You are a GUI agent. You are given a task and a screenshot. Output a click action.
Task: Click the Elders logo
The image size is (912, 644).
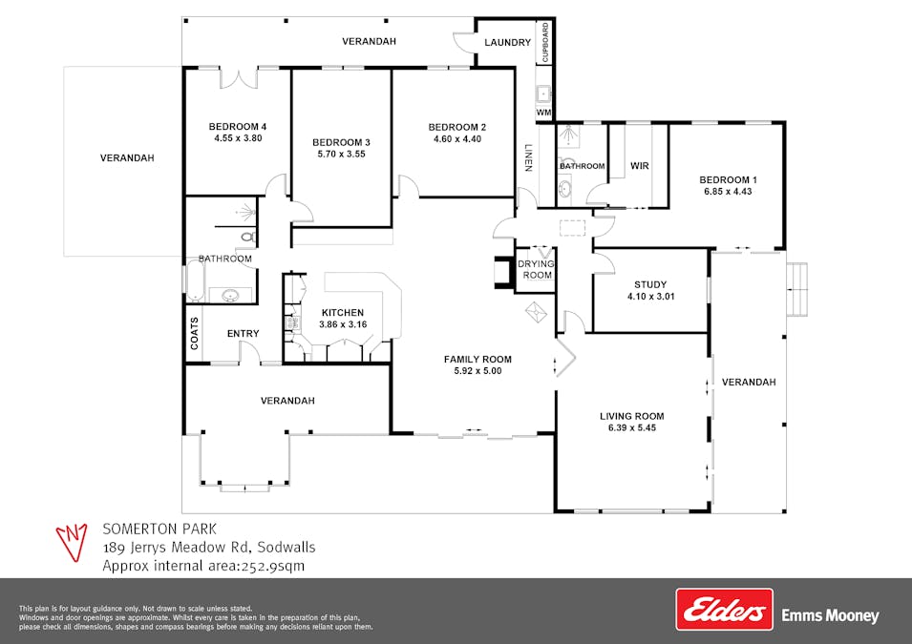pos(724,609)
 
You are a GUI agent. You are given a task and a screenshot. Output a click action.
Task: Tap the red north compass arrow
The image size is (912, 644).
pos(72,542)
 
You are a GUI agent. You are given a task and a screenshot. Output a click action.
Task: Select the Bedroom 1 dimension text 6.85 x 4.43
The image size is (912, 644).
pos(728,191)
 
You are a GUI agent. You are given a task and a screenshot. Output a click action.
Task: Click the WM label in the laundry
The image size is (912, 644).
pos(543,113)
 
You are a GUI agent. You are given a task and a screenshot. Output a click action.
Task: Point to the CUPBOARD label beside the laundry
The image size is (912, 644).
pos(545,42)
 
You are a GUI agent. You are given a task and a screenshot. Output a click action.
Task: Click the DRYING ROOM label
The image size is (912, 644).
pos(537,269)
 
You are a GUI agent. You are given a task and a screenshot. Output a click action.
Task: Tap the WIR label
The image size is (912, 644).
pos(639,166)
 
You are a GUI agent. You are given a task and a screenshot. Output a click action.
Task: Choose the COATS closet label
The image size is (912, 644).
pos(194,333)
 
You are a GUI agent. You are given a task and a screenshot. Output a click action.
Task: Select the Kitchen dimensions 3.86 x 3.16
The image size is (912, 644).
pos(343,324)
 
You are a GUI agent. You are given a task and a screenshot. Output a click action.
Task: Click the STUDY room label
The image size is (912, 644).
pos(650,284)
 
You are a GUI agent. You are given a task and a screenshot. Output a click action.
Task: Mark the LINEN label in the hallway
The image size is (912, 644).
pos(528,157)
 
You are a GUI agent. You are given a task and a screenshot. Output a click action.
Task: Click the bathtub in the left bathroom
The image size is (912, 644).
pos(194,280)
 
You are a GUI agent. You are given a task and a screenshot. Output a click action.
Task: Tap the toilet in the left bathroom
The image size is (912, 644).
pos(248,237)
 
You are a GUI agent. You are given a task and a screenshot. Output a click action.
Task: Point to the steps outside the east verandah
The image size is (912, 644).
pos(797,289)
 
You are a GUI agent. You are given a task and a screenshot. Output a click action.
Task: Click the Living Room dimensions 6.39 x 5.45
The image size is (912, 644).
pos(631,427)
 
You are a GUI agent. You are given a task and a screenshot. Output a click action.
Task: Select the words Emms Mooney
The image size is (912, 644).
pos(830,615)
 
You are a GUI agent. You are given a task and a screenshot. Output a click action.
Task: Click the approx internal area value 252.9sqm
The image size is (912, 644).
pos(272,566)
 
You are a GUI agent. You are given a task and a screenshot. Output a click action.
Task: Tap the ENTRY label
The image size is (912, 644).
pos(244,334)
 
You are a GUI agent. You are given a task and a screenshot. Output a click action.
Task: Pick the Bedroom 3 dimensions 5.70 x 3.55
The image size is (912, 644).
pos(342,154)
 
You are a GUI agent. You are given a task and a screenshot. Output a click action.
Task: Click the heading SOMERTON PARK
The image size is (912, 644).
pos(159,529)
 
